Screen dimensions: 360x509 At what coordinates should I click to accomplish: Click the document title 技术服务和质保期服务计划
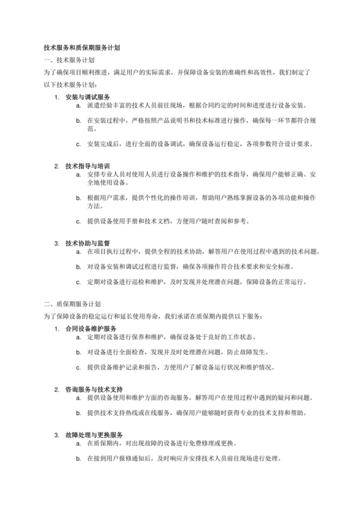[82, 48]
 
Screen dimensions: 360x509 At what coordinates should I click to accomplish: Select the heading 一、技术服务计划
[69, 60]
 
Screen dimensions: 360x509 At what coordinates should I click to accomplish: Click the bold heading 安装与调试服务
[87, 97]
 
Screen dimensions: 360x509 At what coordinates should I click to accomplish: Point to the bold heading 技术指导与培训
[87, 166]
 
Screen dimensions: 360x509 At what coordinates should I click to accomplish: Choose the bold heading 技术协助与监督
[87, 243]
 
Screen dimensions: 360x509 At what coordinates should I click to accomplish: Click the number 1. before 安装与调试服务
[57, 97]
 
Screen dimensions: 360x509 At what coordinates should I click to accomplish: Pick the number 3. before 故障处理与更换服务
[57, 435]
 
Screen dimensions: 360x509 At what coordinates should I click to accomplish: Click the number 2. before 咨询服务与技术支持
[57, 389]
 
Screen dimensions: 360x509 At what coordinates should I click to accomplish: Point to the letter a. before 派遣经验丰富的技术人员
[78, 105]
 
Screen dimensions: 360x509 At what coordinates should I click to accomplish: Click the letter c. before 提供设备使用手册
[78, 221]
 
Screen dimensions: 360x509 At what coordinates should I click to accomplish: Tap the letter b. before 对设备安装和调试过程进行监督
[78, 267]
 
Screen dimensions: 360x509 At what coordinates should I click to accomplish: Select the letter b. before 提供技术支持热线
[78, 413]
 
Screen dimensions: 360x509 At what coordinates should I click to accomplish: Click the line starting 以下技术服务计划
[70, 85]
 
